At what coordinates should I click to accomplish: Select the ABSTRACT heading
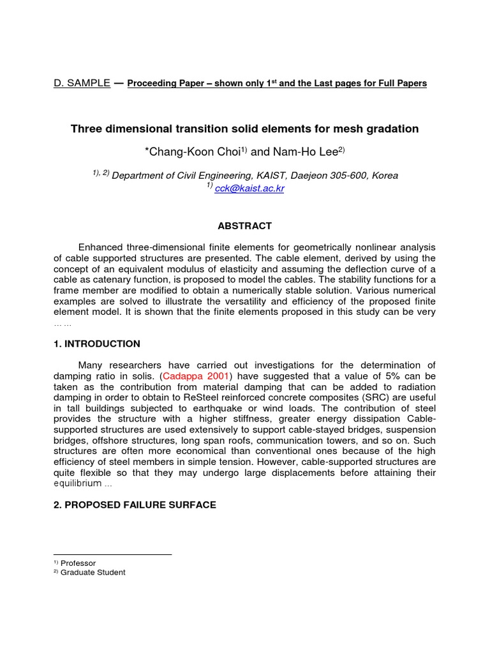coord(245,226)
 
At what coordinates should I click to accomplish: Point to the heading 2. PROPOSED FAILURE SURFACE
coord(135,505)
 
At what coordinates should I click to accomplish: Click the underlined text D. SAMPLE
coord(82,84)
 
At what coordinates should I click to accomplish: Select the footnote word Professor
coord(78,563)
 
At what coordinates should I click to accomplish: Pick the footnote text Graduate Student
coord(93,573)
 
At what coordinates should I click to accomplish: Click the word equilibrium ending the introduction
coord(78,483)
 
